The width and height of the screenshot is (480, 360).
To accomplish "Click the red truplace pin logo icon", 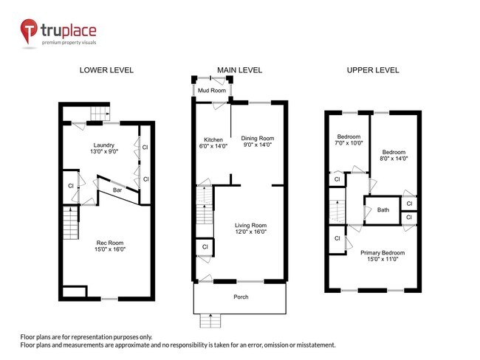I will click(30, 32).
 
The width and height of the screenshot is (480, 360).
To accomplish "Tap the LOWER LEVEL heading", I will click(106, 71).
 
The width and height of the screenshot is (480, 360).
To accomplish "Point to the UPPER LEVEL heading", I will click(373, 71).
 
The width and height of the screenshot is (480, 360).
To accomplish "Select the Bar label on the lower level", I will click(117, 190).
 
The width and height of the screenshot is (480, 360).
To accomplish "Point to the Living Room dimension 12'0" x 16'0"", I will click(251, 232).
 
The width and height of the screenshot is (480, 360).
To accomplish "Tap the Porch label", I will click(241, 297).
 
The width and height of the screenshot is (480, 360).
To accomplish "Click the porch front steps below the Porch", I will click(210, 321).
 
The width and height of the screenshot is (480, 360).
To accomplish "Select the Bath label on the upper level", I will click(383, 210).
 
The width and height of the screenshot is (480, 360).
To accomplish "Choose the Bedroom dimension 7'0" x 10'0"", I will click(349, 144).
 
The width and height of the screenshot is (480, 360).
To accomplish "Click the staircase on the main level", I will click(203, 207).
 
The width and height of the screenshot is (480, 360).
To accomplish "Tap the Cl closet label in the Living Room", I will click(203, 246).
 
